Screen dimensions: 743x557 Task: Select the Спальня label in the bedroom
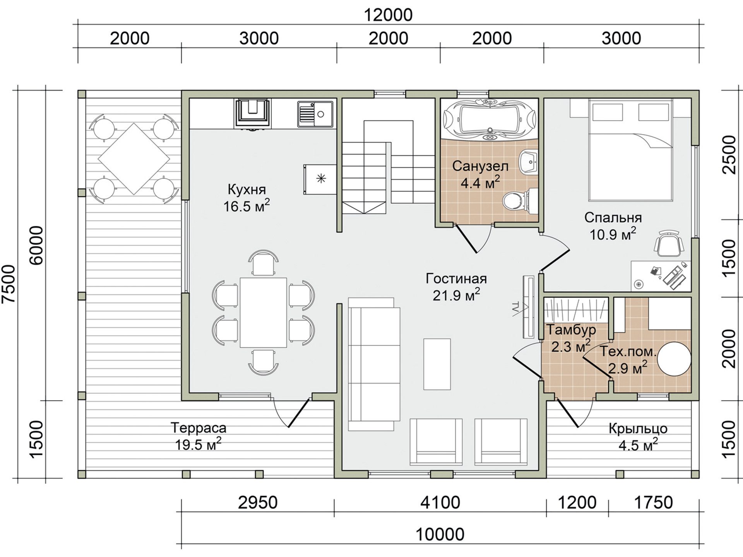coord(613,218)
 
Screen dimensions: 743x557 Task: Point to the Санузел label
coord(480,166)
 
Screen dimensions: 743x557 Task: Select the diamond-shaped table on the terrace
coord(134,159)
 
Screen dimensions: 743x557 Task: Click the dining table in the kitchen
coord(263,312)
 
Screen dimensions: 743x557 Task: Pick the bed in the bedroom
coord(630,150)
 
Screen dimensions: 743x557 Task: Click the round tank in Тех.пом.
coord(675,358)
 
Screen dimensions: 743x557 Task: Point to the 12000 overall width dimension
coord(388,15)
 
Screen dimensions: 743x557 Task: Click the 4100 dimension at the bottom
coord(440,503)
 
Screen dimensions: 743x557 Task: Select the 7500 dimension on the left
coord(9,284)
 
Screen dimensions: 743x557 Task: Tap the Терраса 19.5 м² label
coord(198,436)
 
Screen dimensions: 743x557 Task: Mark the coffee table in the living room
coord(437,364)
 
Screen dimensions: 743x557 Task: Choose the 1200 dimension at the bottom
coord(577,503)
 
